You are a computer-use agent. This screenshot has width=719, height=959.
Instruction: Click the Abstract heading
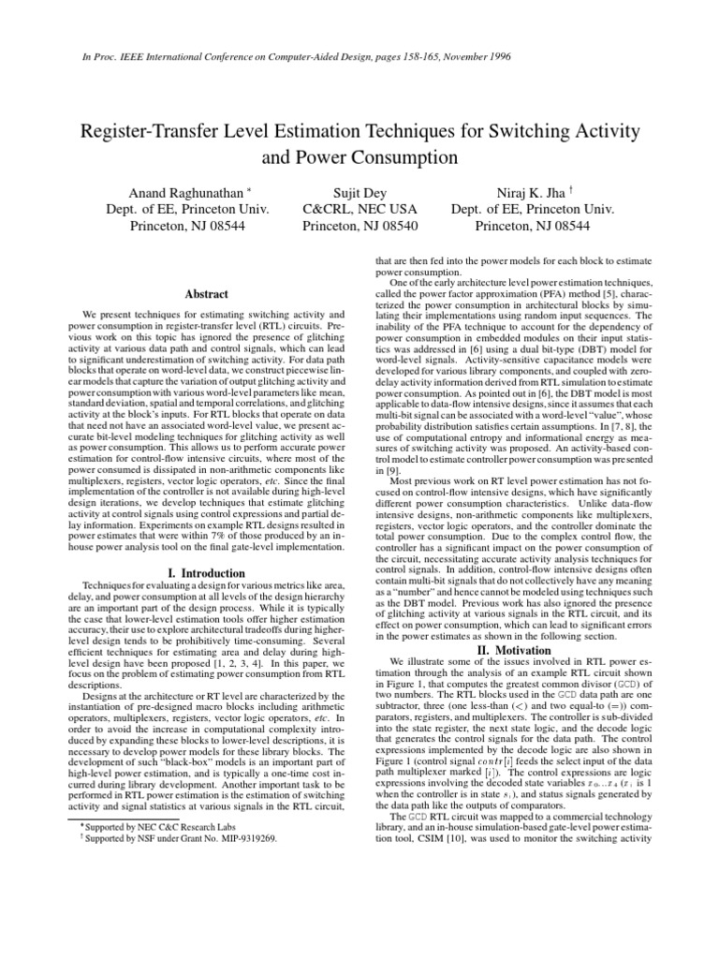(x=206, y=294)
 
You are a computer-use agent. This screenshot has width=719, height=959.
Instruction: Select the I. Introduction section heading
(x=206, y=572)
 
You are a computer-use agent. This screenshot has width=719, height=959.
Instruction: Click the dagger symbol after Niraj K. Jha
(x=568, y=189)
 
